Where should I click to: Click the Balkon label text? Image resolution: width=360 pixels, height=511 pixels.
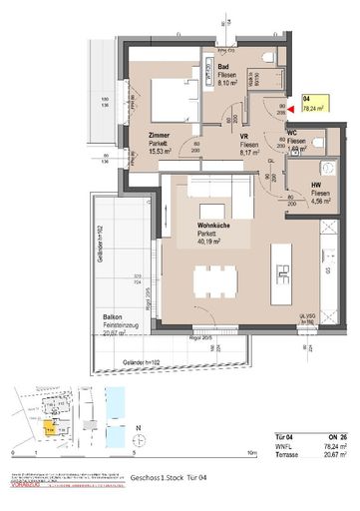coord(112,316)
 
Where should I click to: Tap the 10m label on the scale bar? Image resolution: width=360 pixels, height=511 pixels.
coord(251,452)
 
